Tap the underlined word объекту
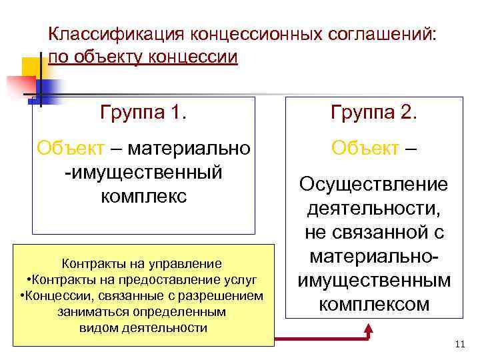(x=115, y=57)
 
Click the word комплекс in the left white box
(x=143, y=197)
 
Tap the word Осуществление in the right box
(x=373, y=184)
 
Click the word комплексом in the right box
(x=373, y=305)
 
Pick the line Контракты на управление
(x=142, y=263)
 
